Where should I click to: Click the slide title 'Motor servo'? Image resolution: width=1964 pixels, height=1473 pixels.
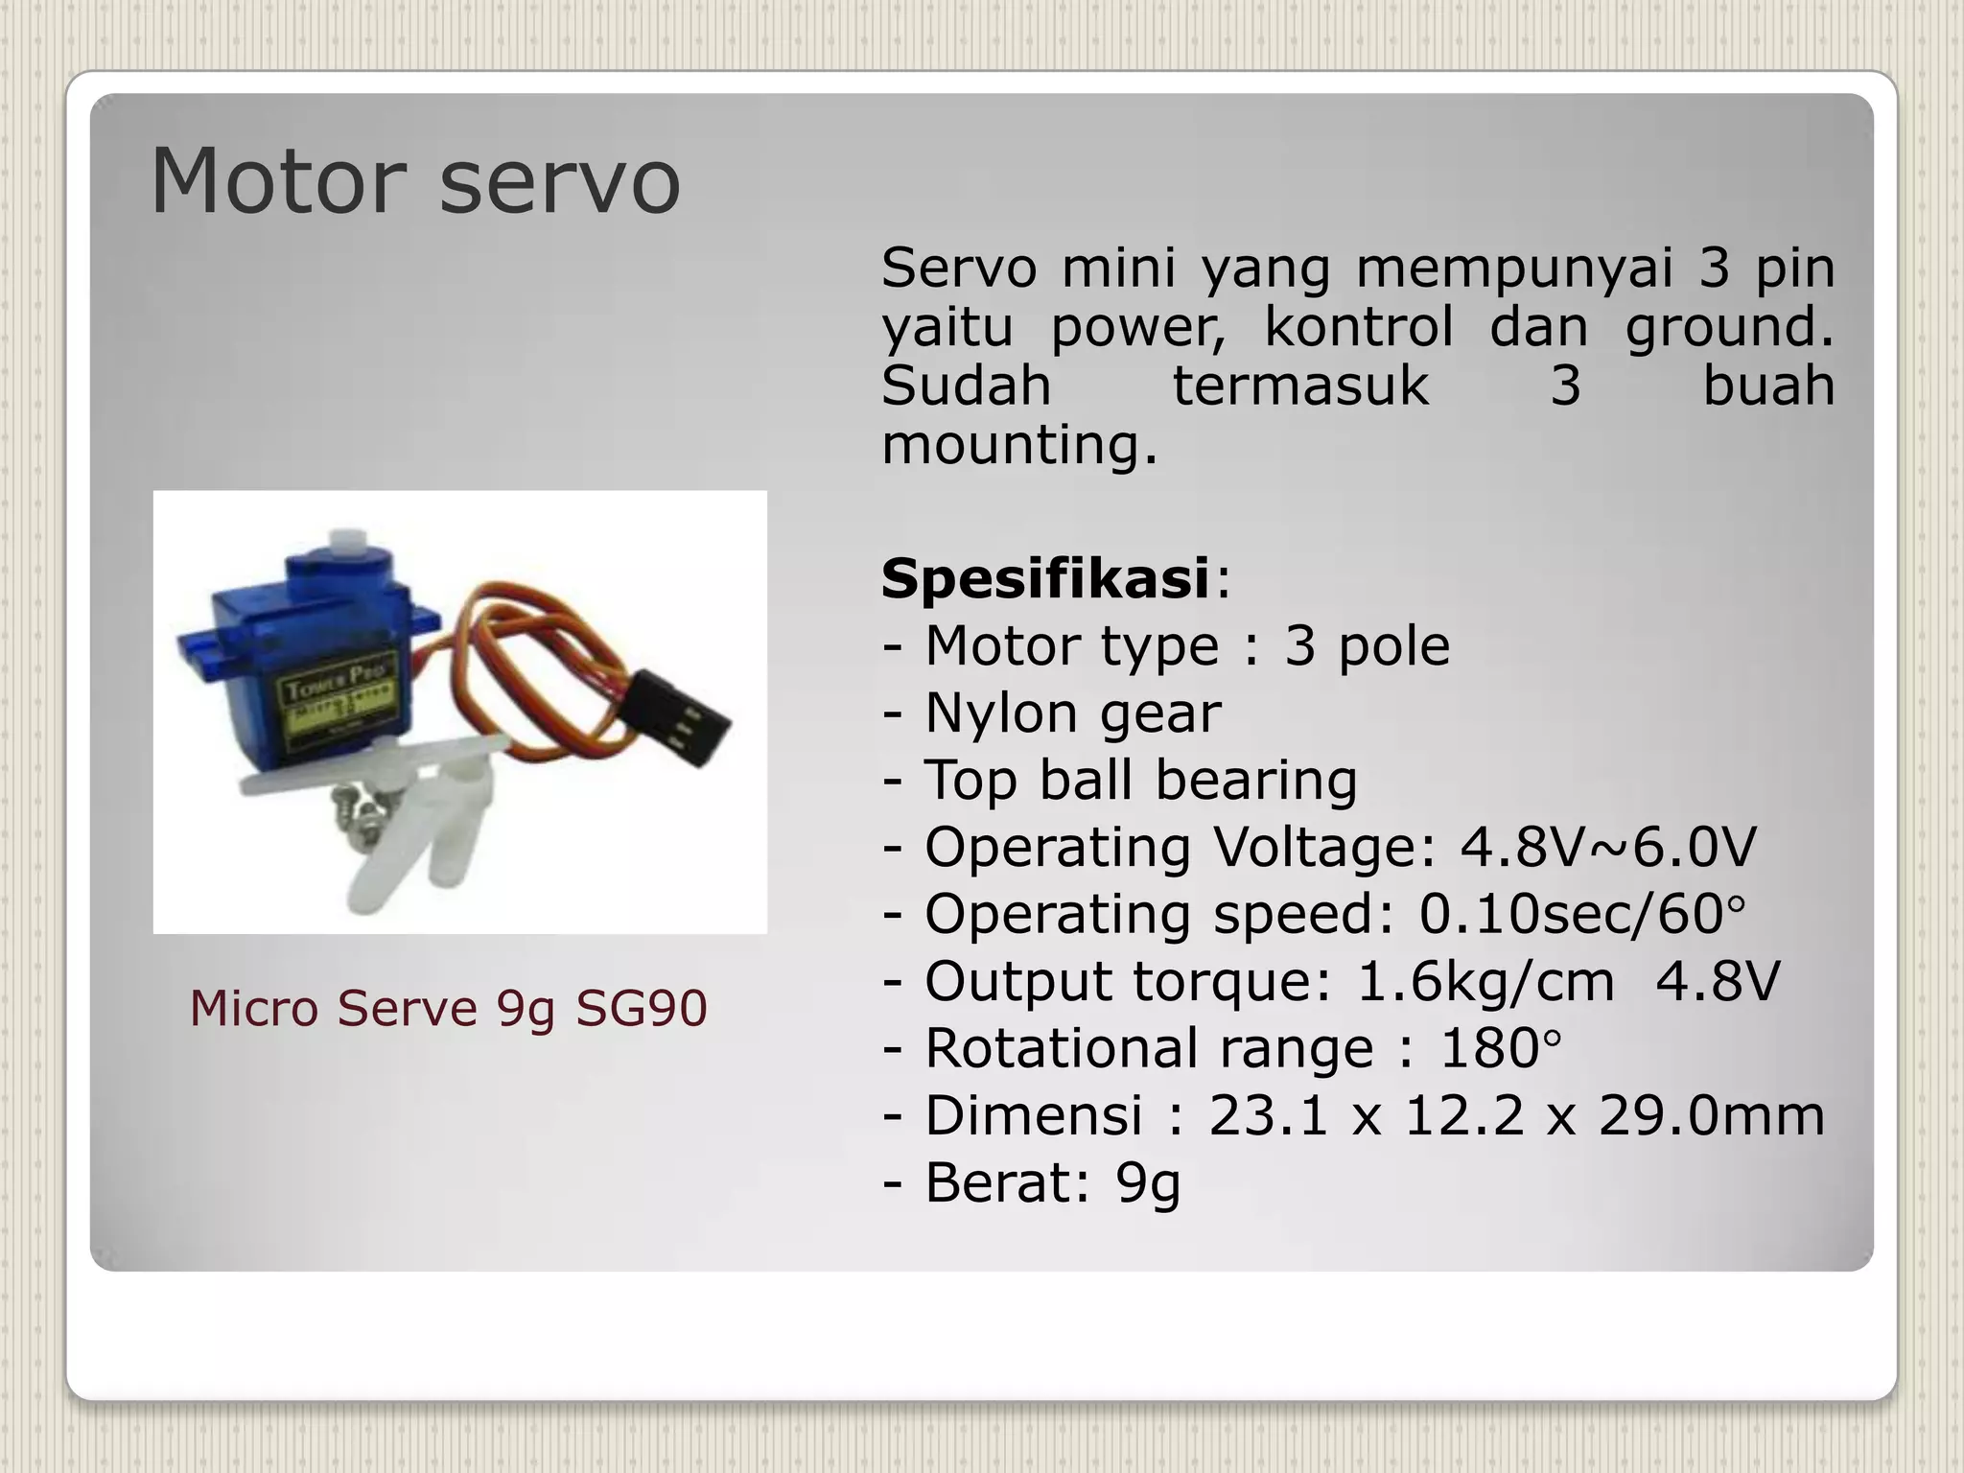click(x=415, y=181)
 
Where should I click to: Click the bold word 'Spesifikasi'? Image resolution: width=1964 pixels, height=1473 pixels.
click(x=1045, y=578)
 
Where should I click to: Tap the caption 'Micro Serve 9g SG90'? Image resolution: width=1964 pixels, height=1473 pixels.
click(x=448, y=1008)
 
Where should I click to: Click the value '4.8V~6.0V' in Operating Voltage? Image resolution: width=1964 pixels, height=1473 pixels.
click(x=1608, y=847)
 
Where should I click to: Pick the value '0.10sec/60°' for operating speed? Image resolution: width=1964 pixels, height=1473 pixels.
click(x=1582, y=914)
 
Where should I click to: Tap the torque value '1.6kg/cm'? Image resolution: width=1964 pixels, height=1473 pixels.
click(x=1485, y=981)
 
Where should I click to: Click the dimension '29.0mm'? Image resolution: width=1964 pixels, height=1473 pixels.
click(x=1711, y=1115)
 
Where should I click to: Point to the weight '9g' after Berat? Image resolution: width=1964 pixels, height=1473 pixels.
click(x=1148, y=1182)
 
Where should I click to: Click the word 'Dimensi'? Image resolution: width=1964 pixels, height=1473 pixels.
click(x=1033, y=1115)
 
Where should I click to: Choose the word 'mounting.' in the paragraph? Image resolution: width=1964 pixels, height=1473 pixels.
click(x=1019, y=445)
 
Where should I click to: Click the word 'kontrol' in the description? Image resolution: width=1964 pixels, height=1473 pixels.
click(x=1358, y=326)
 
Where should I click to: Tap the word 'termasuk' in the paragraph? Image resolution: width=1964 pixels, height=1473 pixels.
click(x=1300, y=386)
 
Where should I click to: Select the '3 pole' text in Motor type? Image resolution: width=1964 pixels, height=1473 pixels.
click(x=1367, y=645)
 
